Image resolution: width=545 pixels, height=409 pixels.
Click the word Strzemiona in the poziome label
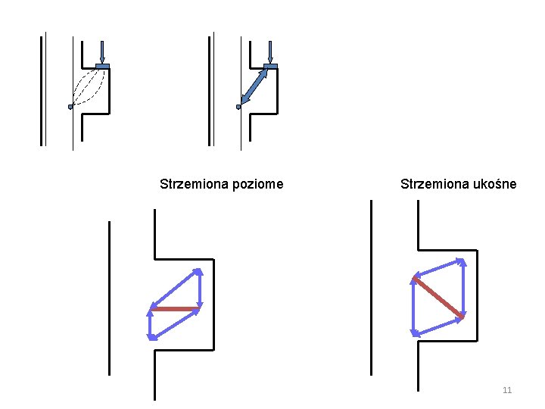tap(190, 184)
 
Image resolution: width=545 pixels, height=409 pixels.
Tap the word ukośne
tap(493, 184)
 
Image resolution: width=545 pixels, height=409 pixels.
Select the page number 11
tap(507, 390)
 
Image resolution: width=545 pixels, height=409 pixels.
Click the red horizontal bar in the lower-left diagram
tap(175, 308)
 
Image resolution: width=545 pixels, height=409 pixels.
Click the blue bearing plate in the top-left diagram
tap(103, 67)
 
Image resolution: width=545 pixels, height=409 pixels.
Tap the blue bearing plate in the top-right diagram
tap(270, 67)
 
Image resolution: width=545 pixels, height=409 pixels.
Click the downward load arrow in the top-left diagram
tap(102, 51)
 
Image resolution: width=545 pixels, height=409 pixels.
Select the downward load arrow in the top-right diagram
tap(270, 51)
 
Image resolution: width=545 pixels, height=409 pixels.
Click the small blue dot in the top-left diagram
tap(70, 107)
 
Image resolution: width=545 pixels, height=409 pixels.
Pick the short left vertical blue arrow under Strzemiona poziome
tap(151, 323)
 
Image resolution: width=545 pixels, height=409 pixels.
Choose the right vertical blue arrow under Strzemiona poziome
tap(200, 289)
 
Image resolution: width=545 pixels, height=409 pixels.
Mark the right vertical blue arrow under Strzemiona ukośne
tap(463, 289)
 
